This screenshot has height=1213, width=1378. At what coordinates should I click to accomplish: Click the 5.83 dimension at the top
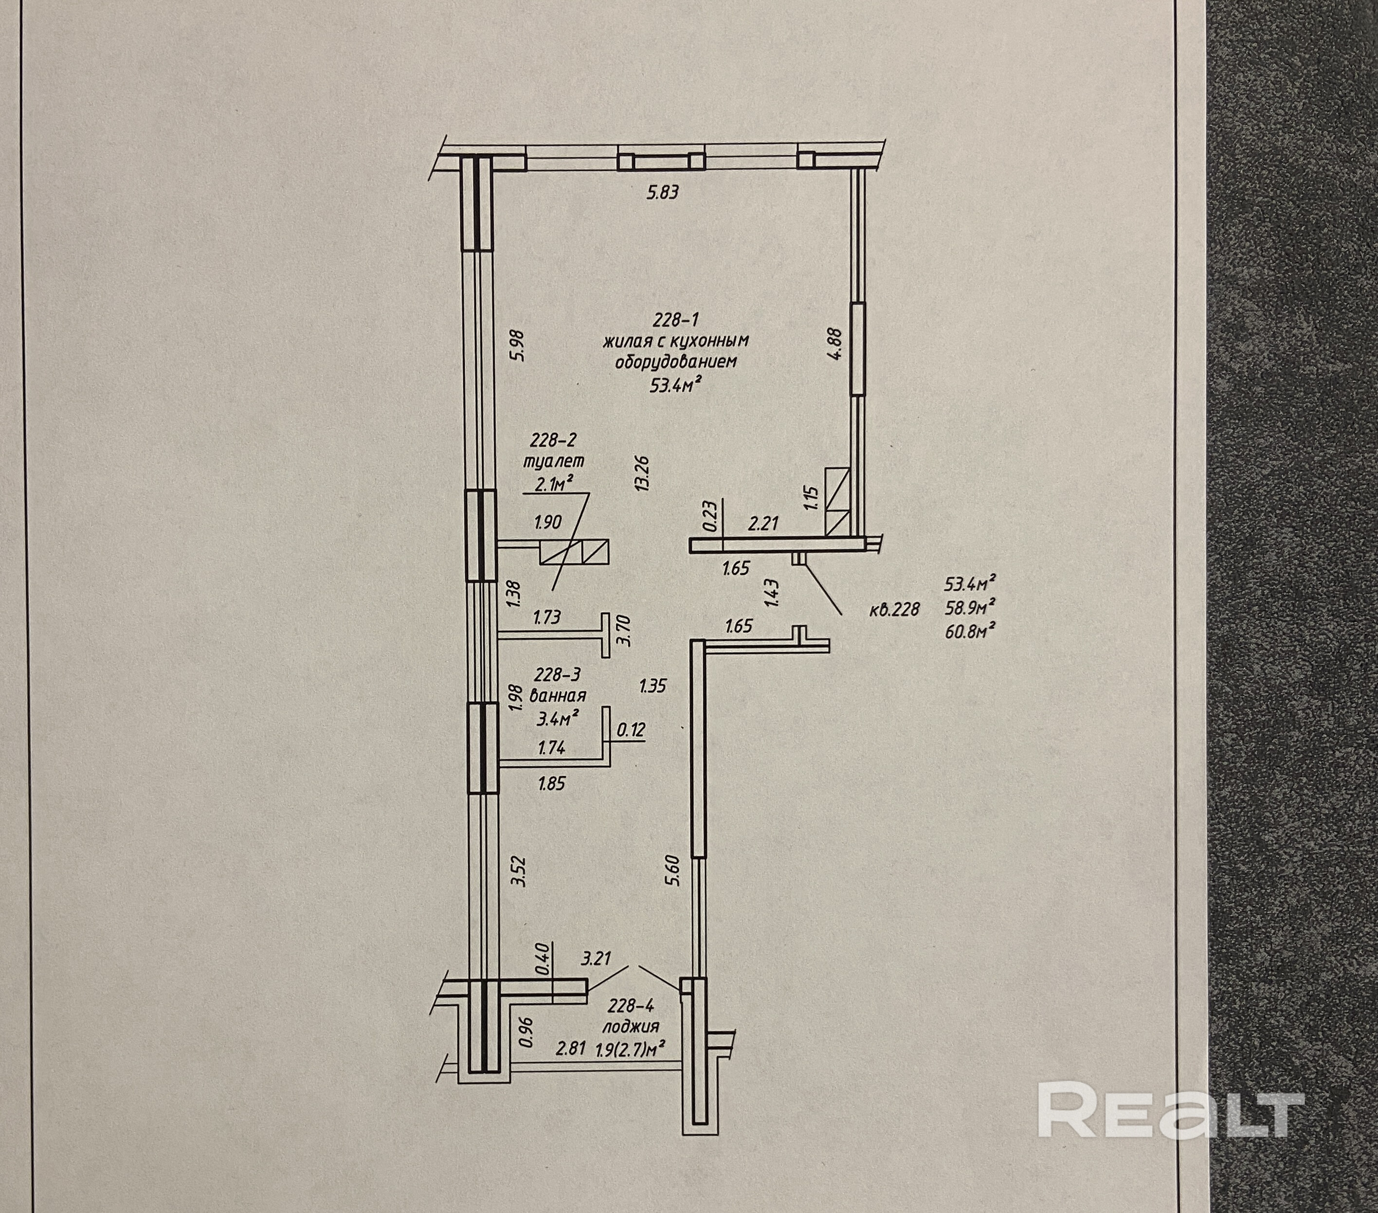[x=662, y=193]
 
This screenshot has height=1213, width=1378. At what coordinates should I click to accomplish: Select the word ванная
[x=558, y=695]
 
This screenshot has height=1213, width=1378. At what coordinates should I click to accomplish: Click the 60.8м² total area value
[x=971, y=632]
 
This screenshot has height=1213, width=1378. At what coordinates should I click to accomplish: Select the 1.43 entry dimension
[x=773, y=593]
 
